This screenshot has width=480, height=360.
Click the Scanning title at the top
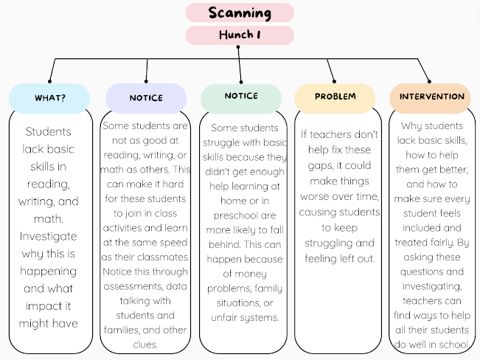(240, 13)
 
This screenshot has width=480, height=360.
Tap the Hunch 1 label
(240, 35)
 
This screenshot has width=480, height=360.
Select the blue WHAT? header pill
(49, 97)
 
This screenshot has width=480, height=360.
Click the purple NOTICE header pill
(146, 97)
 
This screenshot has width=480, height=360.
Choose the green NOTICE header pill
(241, 96)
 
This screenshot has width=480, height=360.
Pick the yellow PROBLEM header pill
(335, 97)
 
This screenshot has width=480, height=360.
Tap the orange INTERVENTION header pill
(431, 97)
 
